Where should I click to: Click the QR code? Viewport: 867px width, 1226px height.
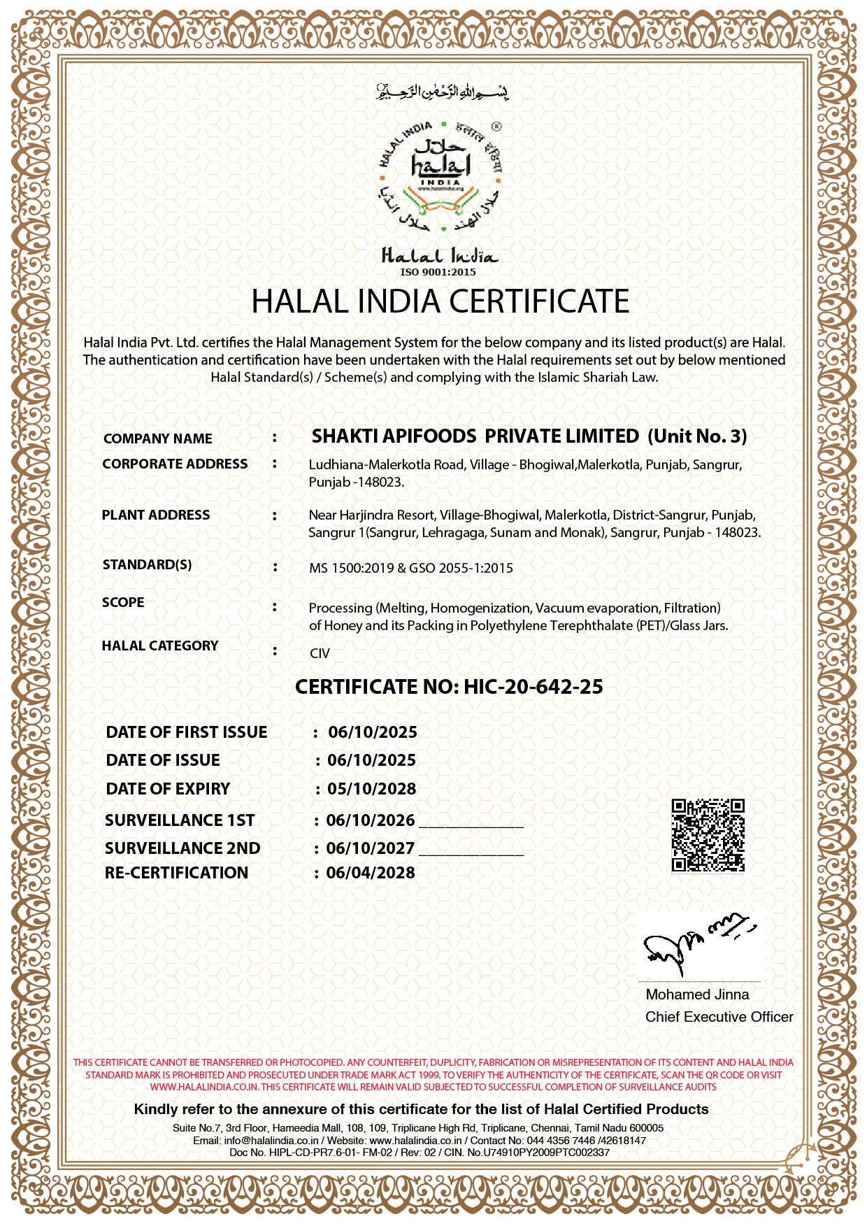pos(708,835)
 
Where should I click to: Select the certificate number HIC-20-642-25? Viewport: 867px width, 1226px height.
pos(533,687)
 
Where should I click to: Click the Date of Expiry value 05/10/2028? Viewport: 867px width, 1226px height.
pos(371,789)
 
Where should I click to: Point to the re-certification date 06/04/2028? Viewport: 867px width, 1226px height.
pos(371,873)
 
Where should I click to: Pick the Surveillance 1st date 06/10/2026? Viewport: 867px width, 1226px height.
pos(371,820)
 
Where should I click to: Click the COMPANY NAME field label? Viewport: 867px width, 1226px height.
pos(158,439)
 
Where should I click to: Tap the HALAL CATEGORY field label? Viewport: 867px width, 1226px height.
pos(160,646)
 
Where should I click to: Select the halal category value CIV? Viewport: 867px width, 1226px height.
pos(320,653)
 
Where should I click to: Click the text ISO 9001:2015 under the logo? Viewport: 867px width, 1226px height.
pos(438,272)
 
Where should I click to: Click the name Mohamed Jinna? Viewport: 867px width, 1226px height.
pos(697,995)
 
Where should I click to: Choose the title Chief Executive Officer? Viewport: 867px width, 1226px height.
pos(719,1017)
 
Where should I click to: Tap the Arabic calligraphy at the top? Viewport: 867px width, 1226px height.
pos(442,92)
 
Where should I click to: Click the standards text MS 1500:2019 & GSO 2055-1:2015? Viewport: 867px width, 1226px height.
pos(411,568)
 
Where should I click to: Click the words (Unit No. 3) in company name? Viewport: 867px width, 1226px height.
pos(697,436)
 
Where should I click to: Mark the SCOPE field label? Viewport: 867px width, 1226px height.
pos(123,602)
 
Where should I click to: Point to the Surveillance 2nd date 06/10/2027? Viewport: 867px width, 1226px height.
pos(371,848)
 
